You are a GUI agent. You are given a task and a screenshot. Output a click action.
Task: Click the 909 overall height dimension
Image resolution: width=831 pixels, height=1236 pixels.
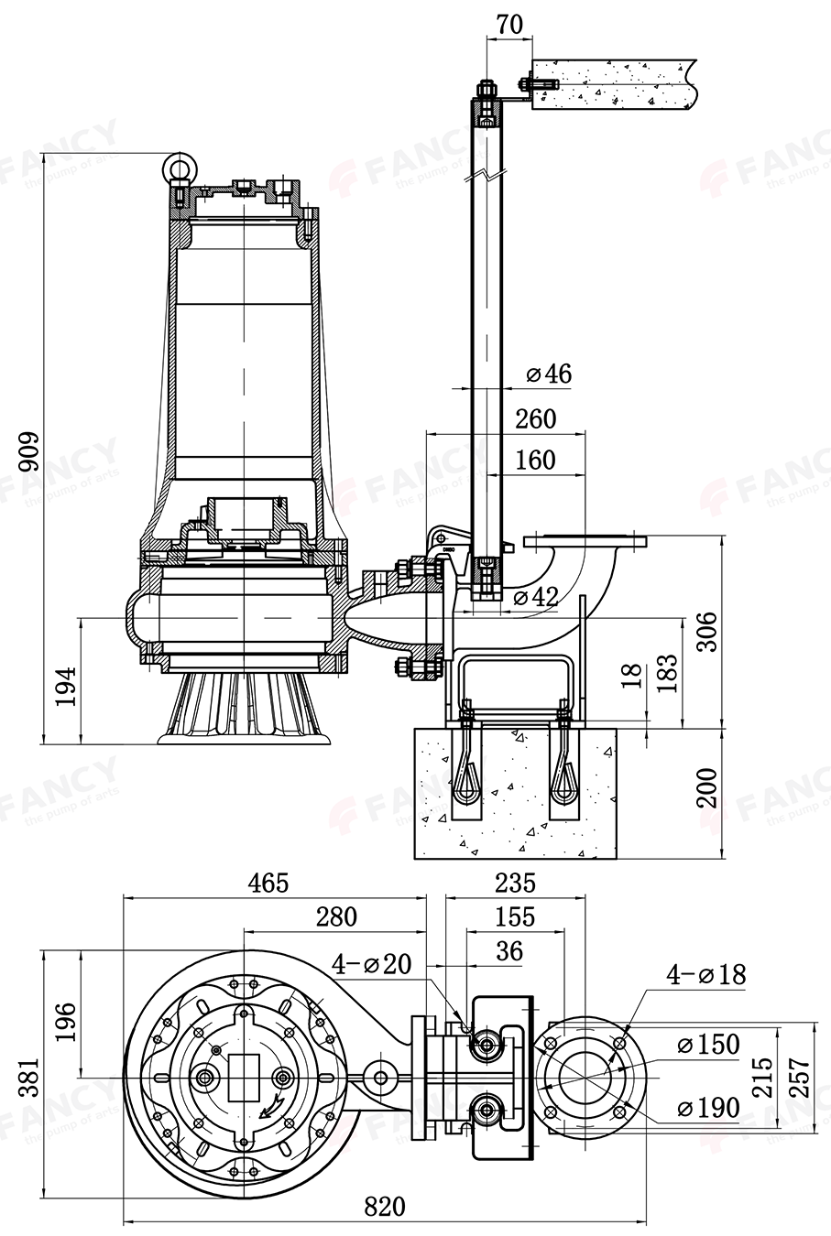tap(29, 450)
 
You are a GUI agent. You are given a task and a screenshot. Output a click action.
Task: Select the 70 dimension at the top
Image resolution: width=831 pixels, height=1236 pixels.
tap(509, 24)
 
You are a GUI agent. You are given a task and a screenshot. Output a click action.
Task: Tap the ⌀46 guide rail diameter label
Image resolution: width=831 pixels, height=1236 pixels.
tap(549, 374)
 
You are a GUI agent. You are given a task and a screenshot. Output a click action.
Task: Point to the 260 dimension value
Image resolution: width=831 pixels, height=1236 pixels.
tap(535, 418)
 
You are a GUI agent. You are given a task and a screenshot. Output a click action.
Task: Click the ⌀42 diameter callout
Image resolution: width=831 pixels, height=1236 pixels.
tap(536, 597)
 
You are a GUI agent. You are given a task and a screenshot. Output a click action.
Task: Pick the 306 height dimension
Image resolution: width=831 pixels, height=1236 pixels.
tap(707, 632)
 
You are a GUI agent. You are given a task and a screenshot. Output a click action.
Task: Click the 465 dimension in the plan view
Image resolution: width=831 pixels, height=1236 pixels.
tap(268, 883)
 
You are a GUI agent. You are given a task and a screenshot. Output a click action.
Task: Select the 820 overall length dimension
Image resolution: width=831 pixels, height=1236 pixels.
tap(384, 1207)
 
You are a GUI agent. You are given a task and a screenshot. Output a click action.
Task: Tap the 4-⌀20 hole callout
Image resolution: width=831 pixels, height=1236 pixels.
tap(371, 963)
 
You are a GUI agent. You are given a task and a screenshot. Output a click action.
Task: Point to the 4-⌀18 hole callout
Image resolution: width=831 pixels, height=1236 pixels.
tap(705, 974)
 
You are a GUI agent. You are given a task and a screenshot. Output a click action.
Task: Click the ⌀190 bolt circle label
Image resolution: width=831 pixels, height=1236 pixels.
tap(707, 1108)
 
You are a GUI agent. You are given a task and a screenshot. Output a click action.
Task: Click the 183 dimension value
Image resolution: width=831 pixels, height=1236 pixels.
tap(666, 673)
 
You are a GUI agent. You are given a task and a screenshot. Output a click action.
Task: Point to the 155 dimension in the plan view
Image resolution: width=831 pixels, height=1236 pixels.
tap(515, 916)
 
